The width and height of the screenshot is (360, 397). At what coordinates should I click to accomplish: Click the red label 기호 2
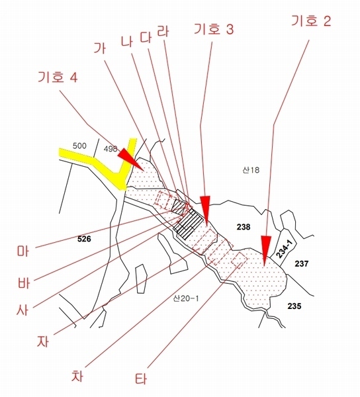[x=311, y=21]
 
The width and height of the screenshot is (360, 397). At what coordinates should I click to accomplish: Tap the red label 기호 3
[x=214, y=29]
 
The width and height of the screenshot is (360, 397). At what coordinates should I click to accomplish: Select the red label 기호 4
[x=58, y=77]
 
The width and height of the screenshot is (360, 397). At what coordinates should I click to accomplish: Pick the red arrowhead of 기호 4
[x=130, y=159]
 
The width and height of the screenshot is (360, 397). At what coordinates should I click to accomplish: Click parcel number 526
[x=84, y=239]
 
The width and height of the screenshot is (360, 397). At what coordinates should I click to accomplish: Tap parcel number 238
[x=244, y=227]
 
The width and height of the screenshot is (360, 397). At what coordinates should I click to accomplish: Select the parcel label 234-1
[x=284, y=249]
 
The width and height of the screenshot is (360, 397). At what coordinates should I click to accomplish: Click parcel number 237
[x=302, y=263]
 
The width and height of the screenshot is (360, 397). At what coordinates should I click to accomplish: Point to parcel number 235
[x=294, y=306]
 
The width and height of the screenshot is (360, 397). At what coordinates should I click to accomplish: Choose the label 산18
[x=251, y=169]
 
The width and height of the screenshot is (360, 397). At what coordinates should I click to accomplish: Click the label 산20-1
[x=186, y=298]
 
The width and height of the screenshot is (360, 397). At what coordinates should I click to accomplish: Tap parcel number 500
[x=79, y=146]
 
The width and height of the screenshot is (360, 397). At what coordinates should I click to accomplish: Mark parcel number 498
[x=111, y=149]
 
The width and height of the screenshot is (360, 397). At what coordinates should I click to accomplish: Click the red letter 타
[x=141, y=378]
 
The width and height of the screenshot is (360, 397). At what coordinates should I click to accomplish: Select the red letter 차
[x=77, y=375]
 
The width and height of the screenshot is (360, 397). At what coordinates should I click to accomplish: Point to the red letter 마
[x=23, y=251]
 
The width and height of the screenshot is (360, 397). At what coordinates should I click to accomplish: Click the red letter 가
[x=99, y=48]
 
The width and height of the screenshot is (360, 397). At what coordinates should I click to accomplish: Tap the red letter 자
[x=42, y=341]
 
